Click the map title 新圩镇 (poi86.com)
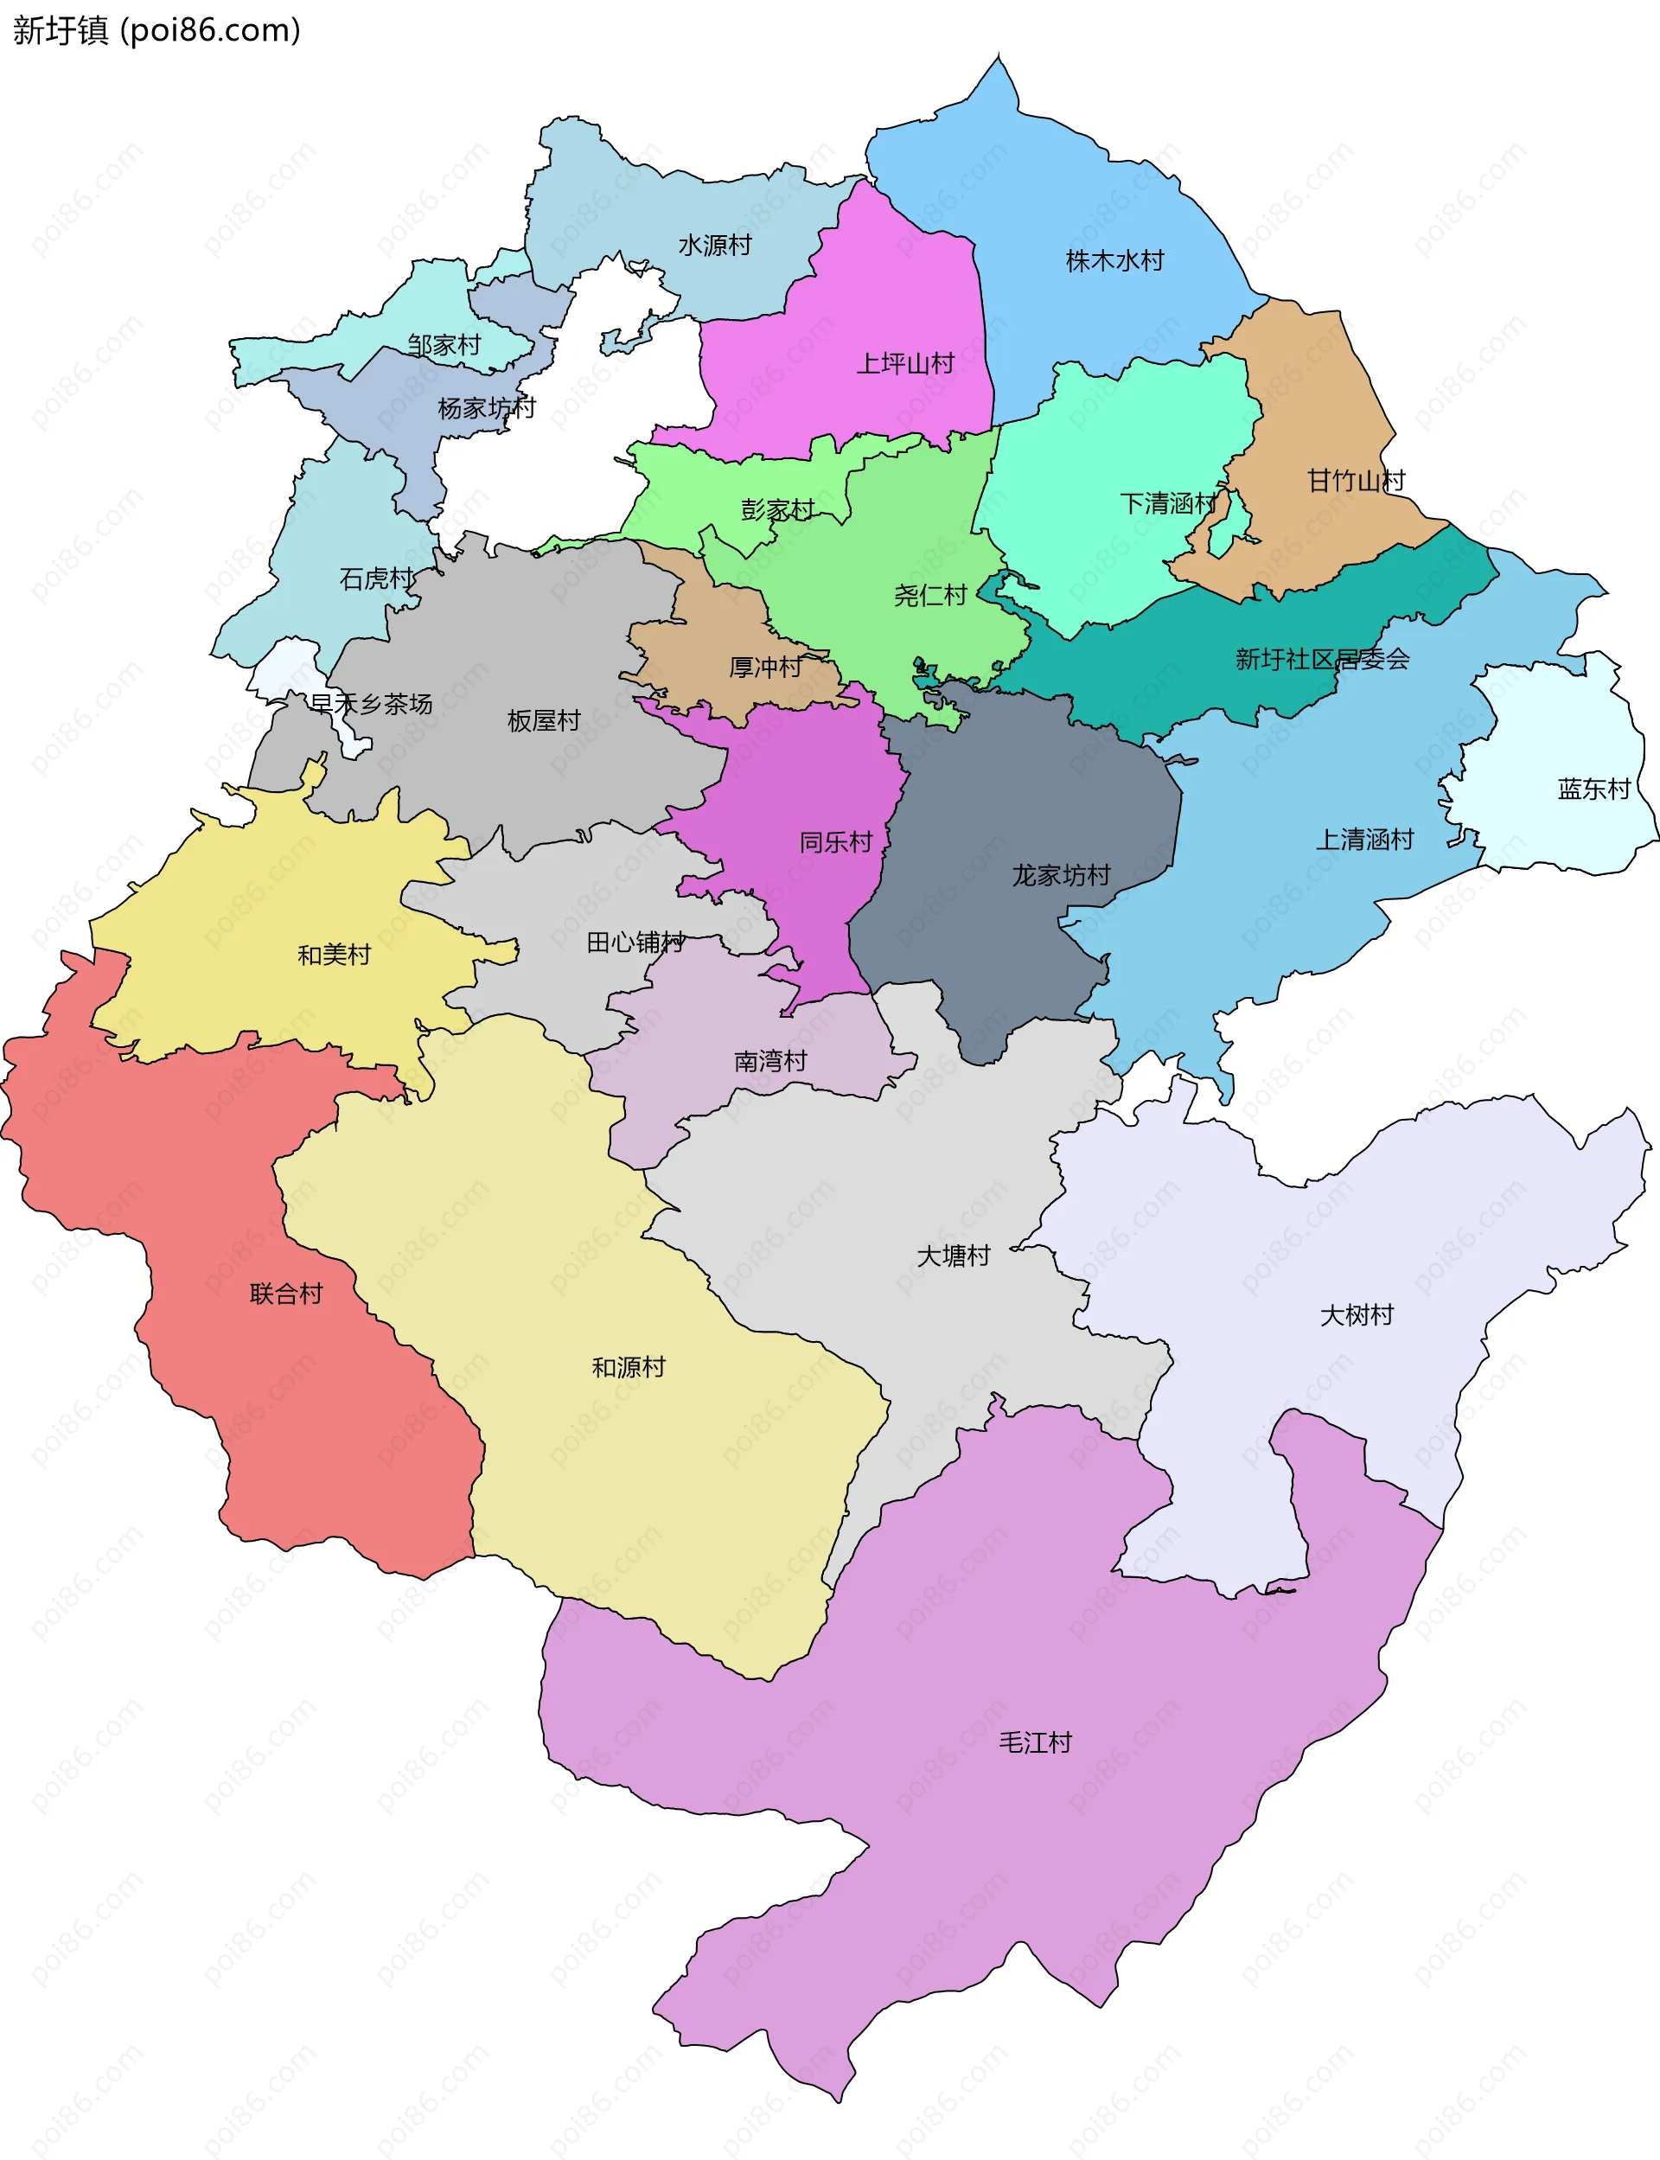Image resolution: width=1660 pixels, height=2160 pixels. [156, 30]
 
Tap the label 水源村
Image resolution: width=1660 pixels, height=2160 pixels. [714, 245]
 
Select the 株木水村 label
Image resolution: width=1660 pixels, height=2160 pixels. [1114, 261]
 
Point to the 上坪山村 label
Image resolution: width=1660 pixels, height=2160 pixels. [904, 364]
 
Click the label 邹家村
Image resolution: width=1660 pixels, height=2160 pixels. [444, 345]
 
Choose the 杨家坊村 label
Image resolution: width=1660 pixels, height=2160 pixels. [486, 407]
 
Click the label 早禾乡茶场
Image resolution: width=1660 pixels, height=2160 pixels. [371, 704]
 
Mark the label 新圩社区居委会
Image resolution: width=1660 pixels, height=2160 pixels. [1321, 659]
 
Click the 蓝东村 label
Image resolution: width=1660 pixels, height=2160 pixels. [1593, 789]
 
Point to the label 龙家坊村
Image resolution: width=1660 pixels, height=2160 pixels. [1060, 874]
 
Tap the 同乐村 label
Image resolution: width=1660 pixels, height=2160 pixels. [835, 842]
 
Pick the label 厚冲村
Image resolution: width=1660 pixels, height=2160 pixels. [765, 667]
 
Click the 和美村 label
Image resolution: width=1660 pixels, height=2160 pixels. [334, 955]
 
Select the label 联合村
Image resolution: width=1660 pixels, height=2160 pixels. [285, 1294]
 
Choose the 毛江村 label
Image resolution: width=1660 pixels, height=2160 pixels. [1035, 1742]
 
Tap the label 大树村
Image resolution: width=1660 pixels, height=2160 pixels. [1356, 1315]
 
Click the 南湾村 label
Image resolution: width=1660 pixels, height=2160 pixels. [769, 1061]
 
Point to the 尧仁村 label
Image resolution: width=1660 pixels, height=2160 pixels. [929, 595]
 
